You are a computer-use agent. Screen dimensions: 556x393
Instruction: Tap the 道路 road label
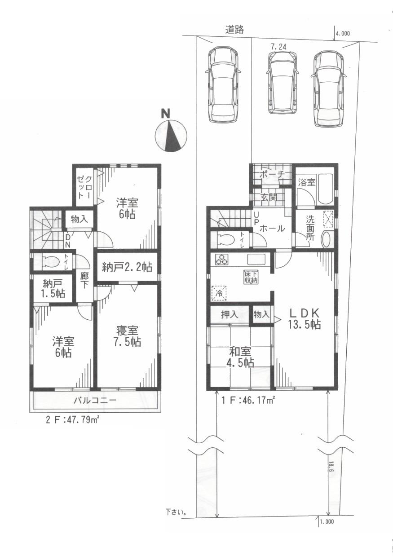click(x=234, y=30)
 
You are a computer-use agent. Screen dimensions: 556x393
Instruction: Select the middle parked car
click(x=282, y=82)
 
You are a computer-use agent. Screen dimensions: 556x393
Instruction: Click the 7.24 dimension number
click(x=278, y=46)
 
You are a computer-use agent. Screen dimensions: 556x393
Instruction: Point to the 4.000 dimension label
click(x=342, y=33)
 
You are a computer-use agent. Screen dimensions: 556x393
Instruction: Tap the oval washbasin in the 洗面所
click(x=327, y=239)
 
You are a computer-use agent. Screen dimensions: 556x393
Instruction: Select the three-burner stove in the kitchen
click(x=221, y=259)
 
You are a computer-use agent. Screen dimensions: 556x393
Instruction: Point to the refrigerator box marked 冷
click(x=219, y=293)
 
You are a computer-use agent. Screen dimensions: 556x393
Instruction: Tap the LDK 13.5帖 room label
click(x=304, y=319)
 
